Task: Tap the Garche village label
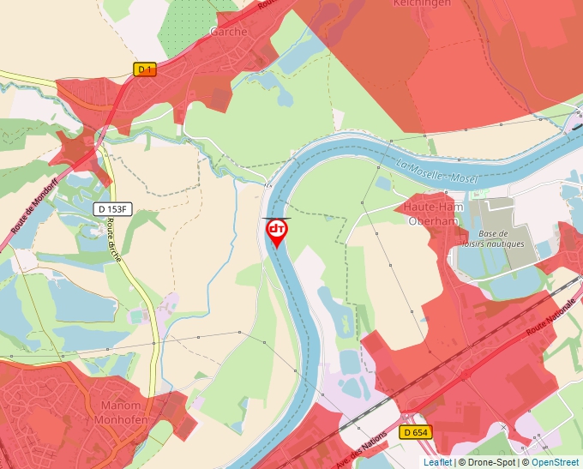(x=228, y=32)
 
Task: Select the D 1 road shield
(x=146, y=69)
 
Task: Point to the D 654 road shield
(x=416, y=432)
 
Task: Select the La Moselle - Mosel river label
(x=437, y=171)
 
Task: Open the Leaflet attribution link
(x=437, y=462)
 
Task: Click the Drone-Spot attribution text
(x=489, y=462)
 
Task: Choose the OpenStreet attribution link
(x=555, y=462)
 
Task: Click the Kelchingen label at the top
(x=421, y=3)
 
